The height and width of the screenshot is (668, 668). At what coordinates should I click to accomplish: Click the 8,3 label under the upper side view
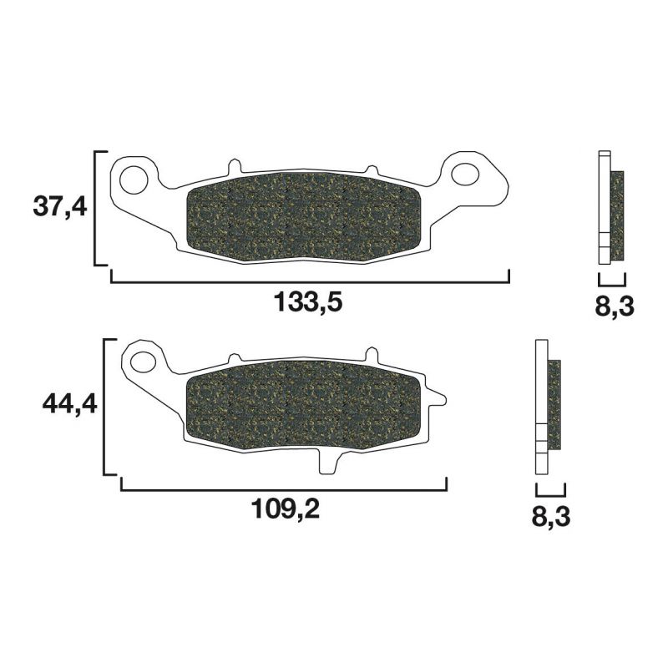click(x=615, y=306)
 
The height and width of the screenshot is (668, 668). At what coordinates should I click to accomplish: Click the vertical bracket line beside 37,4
click(x=95, y=209)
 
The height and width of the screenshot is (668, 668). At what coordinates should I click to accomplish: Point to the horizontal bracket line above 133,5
click(x=309, y=282)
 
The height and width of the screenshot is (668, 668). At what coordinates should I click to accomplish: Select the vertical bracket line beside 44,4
click(x=104, y=407)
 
